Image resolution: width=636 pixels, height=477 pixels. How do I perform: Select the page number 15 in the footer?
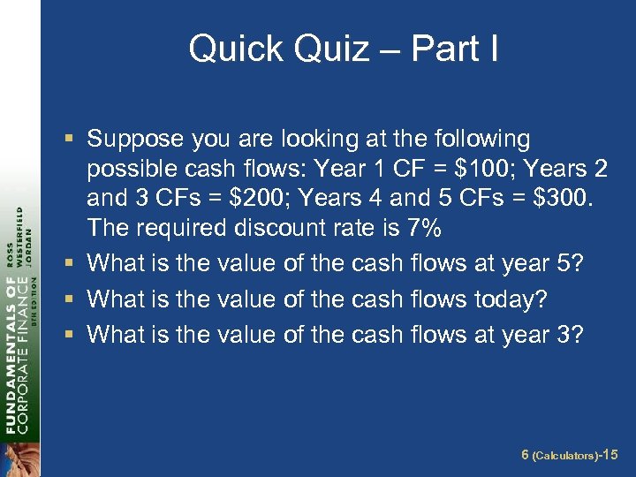(612, 454)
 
